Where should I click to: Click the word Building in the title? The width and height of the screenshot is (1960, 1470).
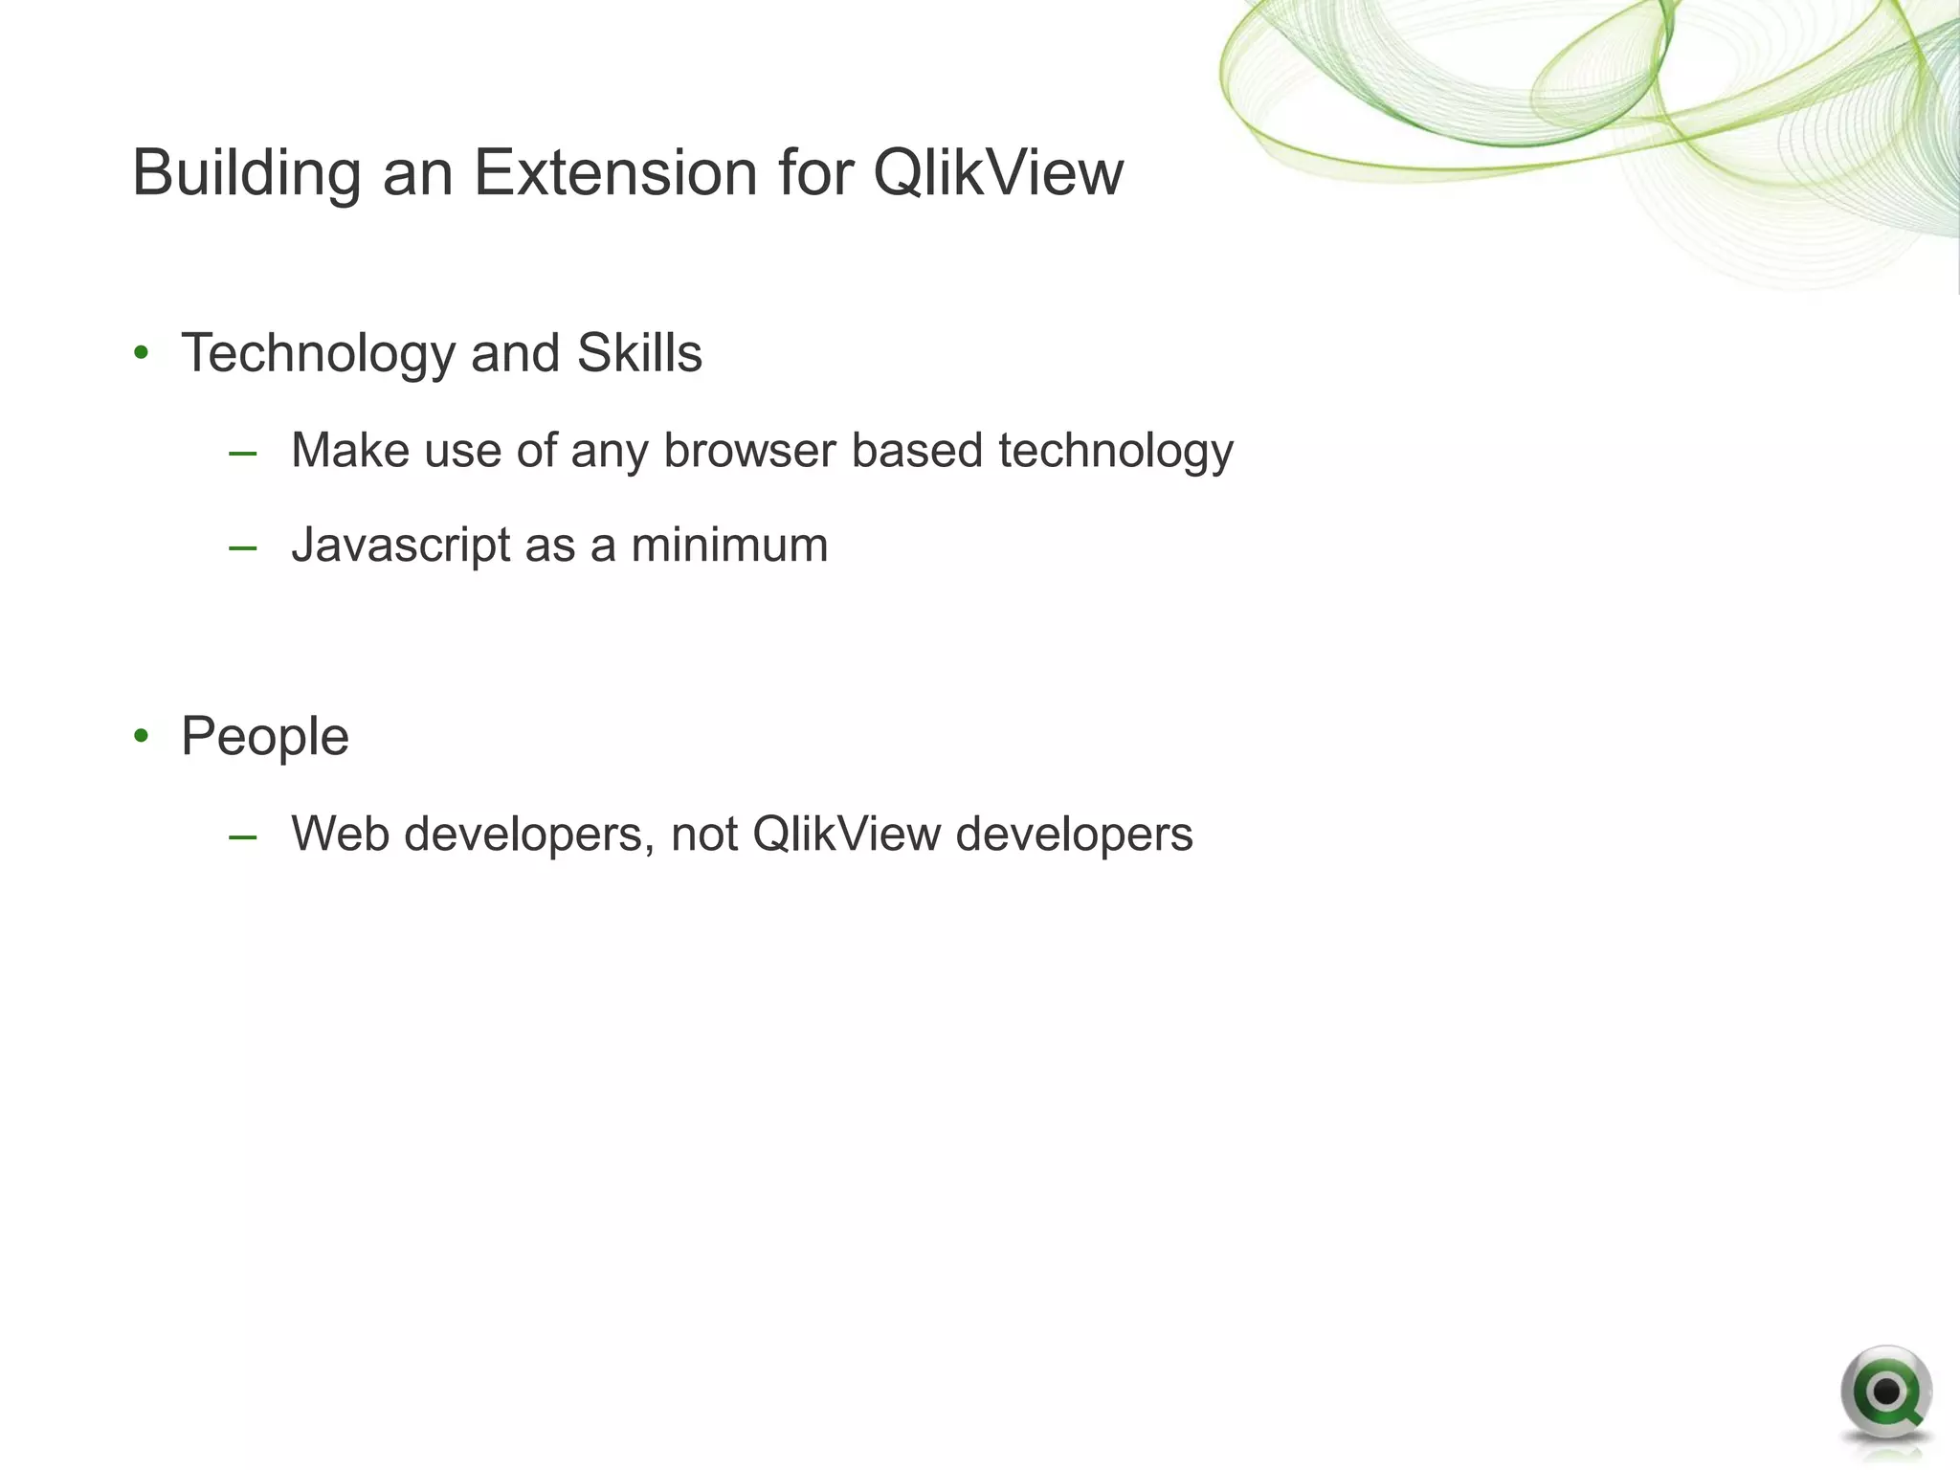(x=246, y=175)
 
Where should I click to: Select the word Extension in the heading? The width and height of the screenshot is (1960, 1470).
(x=614, y=173)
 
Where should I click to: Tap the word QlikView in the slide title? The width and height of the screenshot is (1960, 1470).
(x=997, y=173)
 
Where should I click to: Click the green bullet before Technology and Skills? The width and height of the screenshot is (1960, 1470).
(x=142, y=353)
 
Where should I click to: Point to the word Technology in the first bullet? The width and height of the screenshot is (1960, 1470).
(x=318, y=354)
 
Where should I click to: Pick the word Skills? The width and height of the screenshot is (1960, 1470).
(x=638, y=353)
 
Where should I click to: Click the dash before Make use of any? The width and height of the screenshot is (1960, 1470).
(x=243, y=453)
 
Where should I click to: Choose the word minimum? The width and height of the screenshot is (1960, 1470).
(x=728, y=546)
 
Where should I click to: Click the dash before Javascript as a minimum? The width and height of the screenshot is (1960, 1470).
(x=243, y=548)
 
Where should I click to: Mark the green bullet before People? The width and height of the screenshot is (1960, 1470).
(x=142, y=736)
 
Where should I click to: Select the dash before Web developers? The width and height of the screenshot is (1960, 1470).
(x=243, y=836)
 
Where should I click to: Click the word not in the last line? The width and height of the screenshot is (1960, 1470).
(x=703, y=835)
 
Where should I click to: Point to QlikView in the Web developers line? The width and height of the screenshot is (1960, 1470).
(x=846, y=834)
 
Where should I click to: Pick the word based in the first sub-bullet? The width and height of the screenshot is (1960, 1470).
(x=916, y=451)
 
